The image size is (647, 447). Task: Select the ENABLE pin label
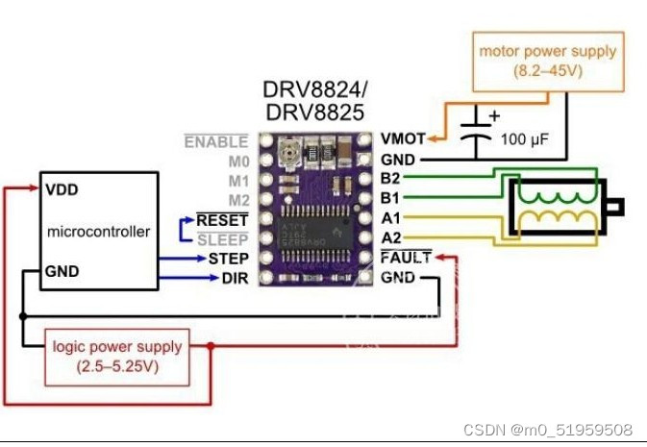point(215,141)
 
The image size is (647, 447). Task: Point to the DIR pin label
point(235,278)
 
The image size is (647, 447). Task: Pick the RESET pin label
point(221,220)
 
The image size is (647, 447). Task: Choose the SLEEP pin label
point(222,239)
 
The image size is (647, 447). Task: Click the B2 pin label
point(391,180)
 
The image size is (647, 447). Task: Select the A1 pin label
point(391,219)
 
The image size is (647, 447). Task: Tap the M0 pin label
point(236,161)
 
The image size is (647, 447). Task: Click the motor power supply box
point(548,60)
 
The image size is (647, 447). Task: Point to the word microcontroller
point(99,232)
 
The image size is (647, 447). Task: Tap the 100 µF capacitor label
point(526,139)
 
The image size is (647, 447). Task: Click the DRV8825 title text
point(314,112)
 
